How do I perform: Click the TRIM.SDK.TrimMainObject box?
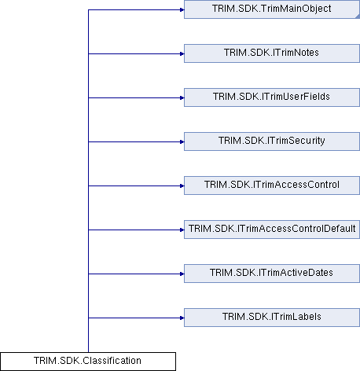click(272, 9)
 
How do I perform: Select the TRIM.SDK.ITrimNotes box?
click(272, 53)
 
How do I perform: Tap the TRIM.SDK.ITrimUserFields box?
click(272, 97)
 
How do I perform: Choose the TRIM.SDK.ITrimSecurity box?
click(272, 141)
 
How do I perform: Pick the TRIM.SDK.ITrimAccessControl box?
click(272, 185)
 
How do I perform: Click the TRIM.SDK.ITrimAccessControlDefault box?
click(272, 230)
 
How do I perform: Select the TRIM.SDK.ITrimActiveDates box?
click(272, 274)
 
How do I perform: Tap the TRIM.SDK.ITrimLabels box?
click(272, 318)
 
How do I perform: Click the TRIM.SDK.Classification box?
click(88, 362)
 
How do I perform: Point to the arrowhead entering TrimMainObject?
click(182, 10)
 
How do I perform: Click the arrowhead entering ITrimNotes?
click(182, 54)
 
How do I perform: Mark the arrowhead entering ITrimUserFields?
click(182, 98)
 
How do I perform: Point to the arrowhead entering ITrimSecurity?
click(182, 142)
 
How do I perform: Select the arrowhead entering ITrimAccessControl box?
click(182, 186)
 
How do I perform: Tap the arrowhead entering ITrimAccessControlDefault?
click(182, 230)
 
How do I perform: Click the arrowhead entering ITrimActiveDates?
click(182, 274)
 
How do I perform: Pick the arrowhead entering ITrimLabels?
click(182, 318)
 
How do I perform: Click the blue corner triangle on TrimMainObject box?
click(358, 17)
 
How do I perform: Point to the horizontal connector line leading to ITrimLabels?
click(136, 318)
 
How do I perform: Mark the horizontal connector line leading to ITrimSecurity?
click(136, 142)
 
